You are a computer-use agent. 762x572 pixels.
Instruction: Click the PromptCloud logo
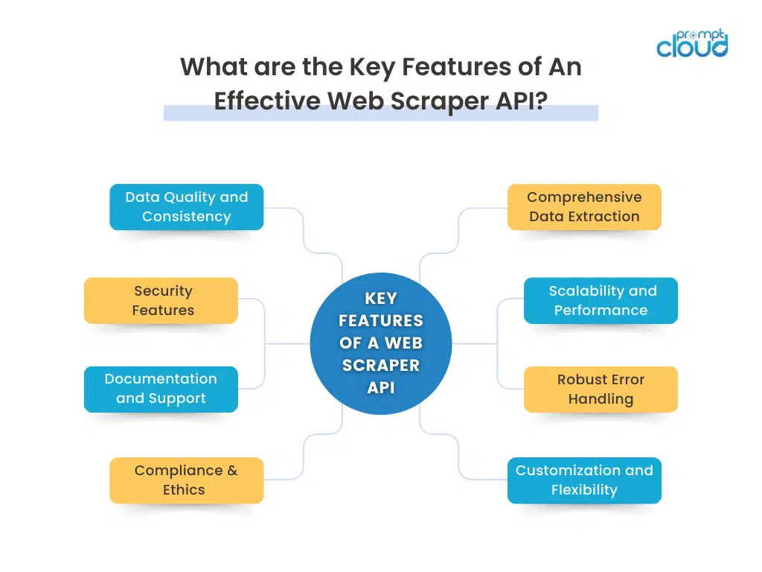coord(691,44)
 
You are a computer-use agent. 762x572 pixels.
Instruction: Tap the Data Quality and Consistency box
coord(186,207)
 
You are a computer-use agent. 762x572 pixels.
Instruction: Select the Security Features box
coord(161,301)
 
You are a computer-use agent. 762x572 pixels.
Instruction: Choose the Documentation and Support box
coord(161,389)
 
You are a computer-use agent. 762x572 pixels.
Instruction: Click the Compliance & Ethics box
coord(186,480)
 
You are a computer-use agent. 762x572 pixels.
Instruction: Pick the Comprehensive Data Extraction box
coord(584,207)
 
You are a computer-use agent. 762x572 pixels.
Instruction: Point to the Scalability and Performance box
coord(601,301)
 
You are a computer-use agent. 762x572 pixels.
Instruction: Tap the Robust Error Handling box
coord(601,389)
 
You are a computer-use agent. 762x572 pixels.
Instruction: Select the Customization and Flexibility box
coord(584,480)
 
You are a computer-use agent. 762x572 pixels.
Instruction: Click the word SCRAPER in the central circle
coord(381,366)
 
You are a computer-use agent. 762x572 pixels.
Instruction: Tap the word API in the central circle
coord(381,388)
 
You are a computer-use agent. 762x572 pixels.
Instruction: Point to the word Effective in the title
coord(265,101)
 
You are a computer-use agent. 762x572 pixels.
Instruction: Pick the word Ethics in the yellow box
coord(184,490)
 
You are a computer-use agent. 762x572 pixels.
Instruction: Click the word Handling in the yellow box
coord(601,399)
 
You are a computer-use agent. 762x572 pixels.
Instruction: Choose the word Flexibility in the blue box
coord(584,490)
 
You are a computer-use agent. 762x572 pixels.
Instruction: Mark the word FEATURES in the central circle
coord(381,321)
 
